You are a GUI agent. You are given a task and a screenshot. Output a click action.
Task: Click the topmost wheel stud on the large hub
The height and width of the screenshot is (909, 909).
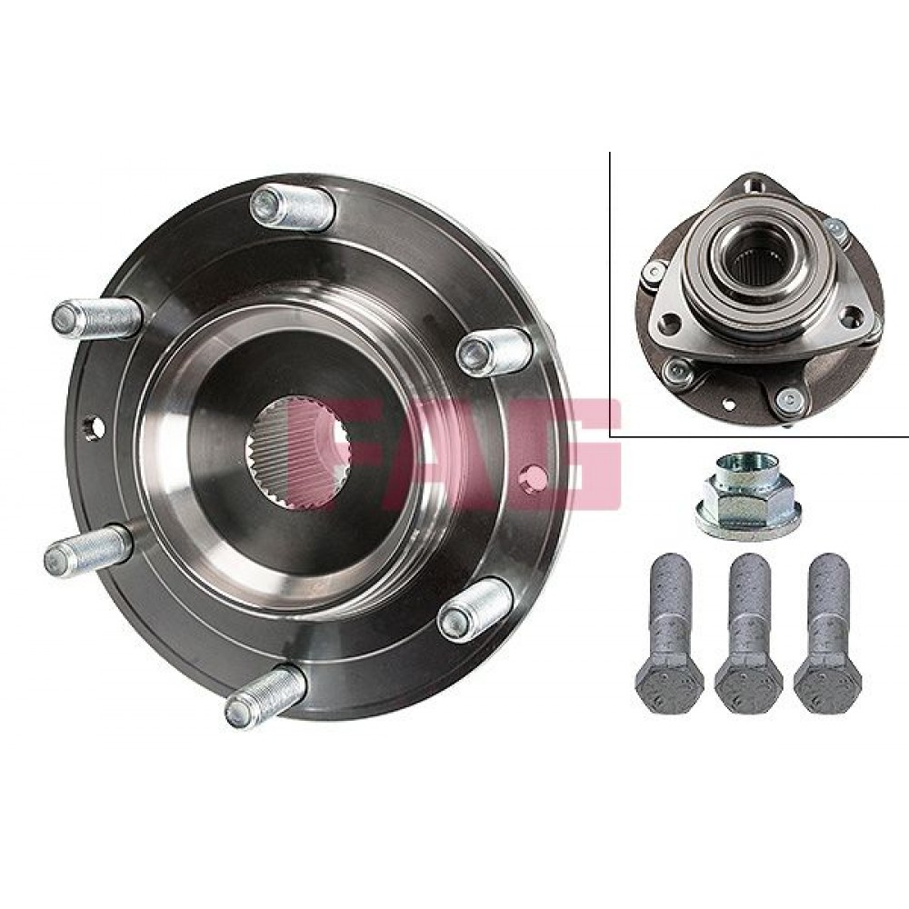tap(292, 207)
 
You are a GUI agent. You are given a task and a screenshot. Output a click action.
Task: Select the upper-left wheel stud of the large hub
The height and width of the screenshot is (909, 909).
tap(97, 317)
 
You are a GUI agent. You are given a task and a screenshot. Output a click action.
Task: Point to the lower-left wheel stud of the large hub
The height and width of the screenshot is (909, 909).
tap(88, 550)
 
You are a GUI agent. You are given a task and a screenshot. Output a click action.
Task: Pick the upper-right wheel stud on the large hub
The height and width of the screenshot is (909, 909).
tap(494, 352)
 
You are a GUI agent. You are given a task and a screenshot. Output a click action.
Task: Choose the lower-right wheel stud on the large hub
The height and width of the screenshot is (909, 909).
tap(476, 610)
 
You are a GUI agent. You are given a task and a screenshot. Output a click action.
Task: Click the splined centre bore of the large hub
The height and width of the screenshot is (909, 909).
tap(297, 452)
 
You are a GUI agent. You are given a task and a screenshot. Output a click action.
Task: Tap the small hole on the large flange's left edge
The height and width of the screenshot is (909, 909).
tap(95, 428)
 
